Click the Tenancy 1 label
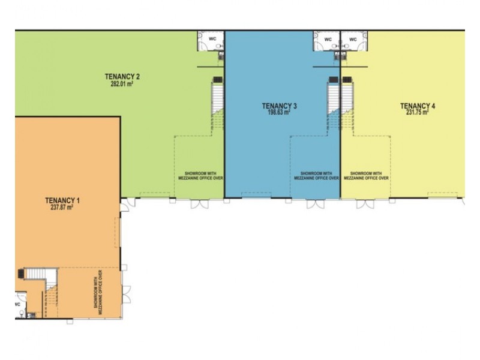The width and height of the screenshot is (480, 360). (62, 200)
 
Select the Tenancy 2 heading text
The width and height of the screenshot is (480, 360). (122, 76)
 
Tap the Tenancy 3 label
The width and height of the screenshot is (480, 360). (280, 106)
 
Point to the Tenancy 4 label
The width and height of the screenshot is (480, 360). (418, 106)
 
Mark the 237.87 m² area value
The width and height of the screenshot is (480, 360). (62, 208)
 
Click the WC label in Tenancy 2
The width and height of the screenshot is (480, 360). (212, 40)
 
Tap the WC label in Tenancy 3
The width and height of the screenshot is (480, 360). (328, 40)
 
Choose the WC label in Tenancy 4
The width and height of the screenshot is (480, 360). (353, 40)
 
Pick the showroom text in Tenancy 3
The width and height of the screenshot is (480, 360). (317, 175)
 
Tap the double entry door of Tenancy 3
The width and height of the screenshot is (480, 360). (315, 204)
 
